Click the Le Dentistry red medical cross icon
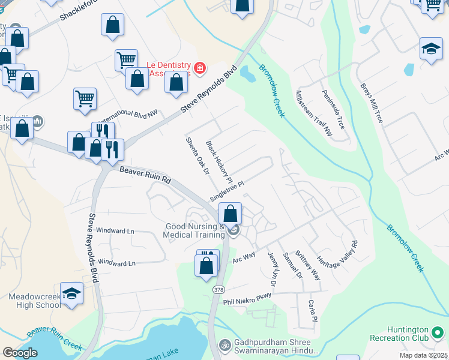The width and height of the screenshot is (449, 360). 199,68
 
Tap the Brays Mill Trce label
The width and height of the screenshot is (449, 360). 371,103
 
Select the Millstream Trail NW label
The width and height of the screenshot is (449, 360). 314,112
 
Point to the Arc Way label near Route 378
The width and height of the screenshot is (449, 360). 244,256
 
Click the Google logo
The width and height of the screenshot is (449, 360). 20,353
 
